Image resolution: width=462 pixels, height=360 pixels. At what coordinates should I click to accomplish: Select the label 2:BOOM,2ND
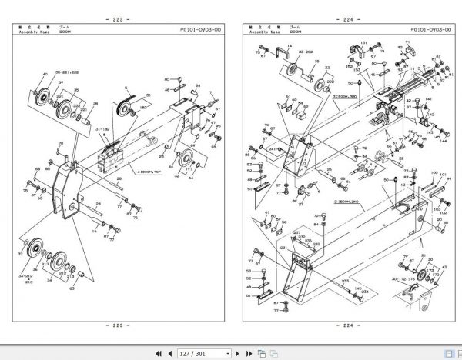[343, 202]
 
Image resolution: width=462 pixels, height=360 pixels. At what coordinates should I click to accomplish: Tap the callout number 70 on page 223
[61, 144]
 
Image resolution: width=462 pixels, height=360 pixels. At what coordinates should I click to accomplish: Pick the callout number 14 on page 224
[288, 48]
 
